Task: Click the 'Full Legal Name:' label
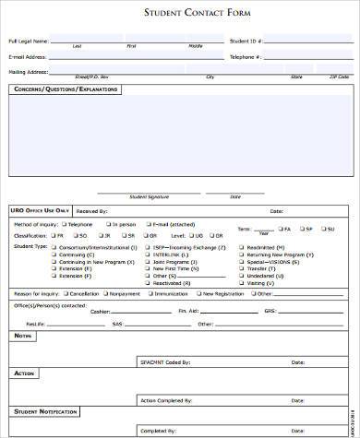point(28,41)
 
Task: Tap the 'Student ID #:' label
point(246,41)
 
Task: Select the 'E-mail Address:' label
point(27,56)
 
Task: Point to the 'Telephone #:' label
point(246,56)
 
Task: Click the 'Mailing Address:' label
point(28,71)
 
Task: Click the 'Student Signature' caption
point(150,196)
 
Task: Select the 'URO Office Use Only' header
point(38,211)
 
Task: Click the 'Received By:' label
point(92,211)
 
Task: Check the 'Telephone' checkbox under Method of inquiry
point(65,224)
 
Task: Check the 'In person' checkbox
point(110,224)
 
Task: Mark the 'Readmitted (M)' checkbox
point(241,246)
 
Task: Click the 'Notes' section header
point(23,337)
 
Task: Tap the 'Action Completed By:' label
point(165,401)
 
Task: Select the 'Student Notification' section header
point(45,410)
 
